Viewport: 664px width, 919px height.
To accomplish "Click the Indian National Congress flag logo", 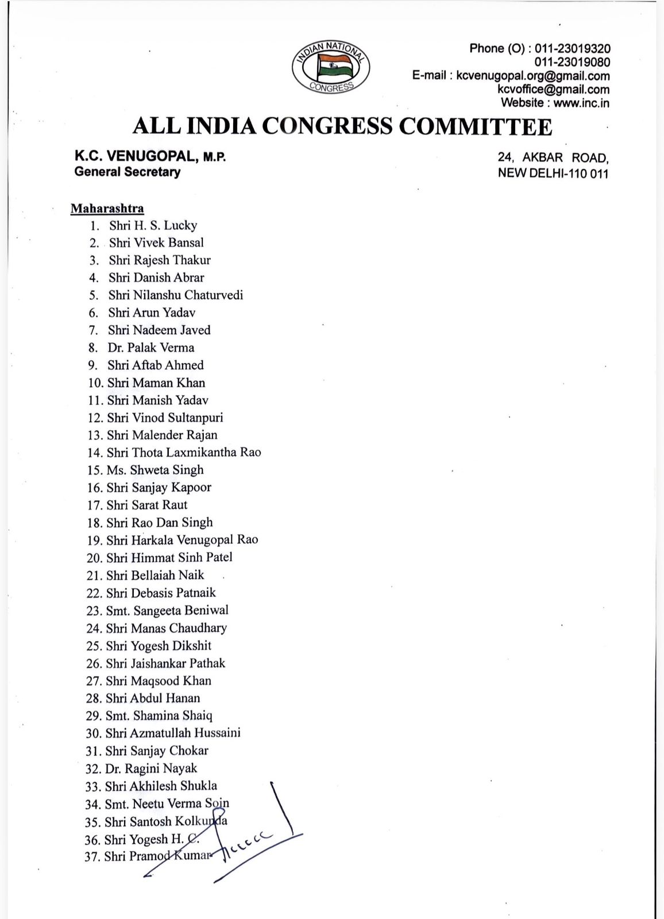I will click(330, 67).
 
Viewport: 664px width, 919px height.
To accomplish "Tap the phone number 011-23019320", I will click(572, 49).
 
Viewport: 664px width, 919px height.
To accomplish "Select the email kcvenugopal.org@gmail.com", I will click(532, 76).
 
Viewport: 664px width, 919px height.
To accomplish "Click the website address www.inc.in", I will click(581, 103).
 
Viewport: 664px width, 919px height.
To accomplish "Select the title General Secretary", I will click(127, 172).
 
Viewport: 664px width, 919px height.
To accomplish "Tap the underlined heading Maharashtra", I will click(107, 208).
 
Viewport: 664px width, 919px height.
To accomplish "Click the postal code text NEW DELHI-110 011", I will click(553, 173).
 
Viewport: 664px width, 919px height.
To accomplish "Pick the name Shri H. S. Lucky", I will click(153, 225).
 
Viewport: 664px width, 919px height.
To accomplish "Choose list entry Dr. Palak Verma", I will click(150, 347).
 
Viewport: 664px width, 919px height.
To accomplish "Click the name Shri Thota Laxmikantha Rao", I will click(184, 453).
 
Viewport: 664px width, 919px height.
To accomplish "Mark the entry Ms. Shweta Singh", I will click(155, 470).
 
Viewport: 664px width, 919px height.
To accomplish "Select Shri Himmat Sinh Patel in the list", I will click(169, 557).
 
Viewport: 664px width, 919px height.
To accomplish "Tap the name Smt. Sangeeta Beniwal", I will click(167, 610).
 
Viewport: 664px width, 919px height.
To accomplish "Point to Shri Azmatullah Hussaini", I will click(173, 733).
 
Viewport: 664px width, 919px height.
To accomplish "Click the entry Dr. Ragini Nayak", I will click(151, 768).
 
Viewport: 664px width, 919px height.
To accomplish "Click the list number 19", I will click(94, 540).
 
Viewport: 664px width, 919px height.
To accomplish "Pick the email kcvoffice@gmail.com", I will click(553, 90).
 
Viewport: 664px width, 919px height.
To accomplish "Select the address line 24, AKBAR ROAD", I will click(553, 158).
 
